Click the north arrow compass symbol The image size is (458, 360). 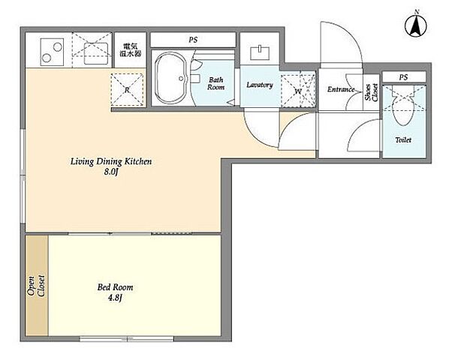(x=415, y=26)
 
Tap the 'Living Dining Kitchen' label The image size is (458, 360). (x=111, y=161)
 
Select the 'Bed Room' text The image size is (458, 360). (x=115, y=287)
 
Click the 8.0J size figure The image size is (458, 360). (x=111, y=172)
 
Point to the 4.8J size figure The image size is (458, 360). (x=115, y=298)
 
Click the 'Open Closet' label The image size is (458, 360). (x=36, y=286)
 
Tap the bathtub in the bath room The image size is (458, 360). (x=170, y=78)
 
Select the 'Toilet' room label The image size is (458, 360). (x=403, y=140)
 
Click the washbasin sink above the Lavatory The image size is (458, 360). (x=260, y=52)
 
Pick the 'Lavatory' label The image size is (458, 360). (x=260, y=85)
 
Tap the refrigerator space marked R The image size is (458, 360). (x=127, y=89)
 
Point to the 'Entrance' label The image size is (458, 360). (x=341, y=89)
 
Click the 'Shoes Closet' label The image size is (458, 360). (x=371, y=92)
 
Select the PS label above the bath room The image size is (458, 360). (x=193, y=40)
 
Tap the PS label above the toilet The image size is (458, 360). (x=403, y=77)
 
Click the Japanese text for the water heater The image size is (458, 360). (x=131, y=50)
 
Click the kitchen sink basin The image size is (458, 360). (x=96, y=53)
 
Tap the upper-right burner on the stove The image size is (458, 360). (x=58, y=46)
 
